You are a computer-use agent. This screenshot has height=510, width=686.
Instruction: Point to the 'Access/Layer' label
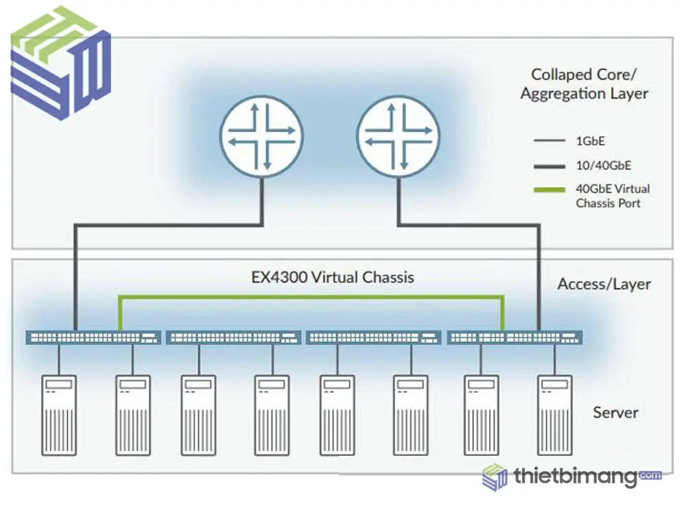(604, 284)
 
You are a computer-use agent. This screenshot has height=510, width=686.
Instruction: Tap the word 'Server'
(615, 412)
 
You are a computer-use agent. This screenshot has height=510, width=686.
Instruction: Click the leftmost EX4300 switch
(93, 337)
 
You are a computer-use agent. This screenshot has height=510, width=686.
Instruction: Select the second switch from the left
(234, 337)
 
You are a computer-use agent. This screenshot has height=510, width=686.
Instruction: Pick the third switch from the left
(374, 337)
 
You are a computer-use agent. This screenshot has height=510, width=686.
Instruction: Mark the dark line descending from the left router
(75, 274)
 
